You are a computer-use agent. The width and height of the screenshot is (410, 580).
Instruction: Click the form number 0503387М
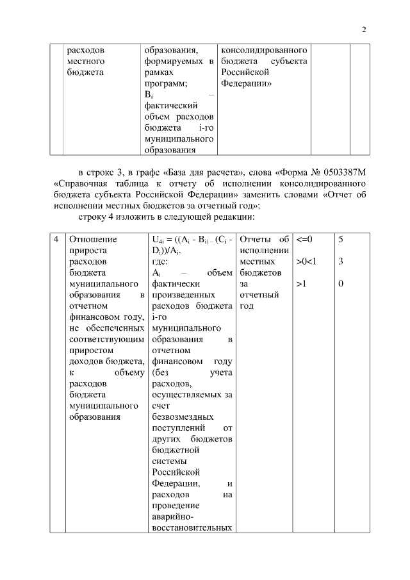point(329,173)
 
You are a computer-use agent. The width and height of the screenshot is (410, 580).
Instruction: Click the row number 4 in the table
point(56,240)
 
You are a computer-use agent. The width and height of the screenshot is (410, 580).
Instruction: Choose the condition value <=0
point(305,240)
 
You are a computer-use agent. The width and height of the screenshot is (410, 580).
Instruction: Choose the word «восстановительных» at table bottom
point(192,529)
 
